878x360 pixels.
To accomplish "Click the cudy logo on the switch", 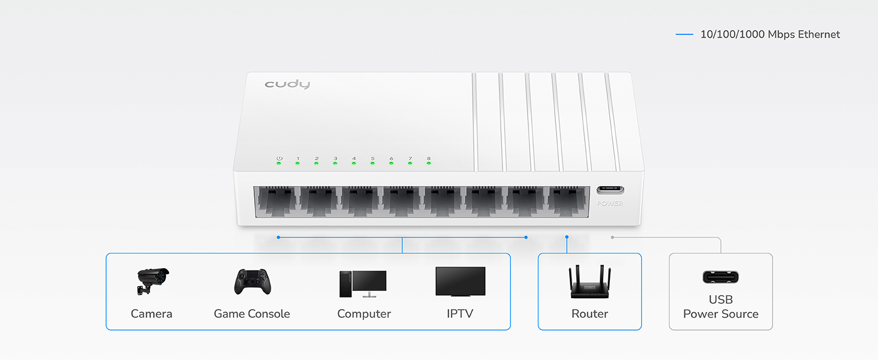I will tap(287, 84).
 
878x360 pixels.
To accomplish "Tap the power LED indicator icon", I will tap(279, 158).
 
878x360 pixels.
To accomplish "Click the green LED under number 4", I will tap(354, 164).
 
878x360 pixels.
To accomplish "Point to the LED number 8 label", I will tap(428, 158).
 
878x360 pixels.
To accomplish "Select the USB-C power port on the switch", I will tap(610, 190).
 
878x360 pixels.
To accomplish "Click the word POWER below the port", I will tap(610, 203).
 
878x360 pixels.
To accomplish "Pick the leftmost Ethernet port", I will tap(275, 202).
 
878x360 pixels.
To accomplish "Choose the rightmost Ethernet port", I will tap(569, 202).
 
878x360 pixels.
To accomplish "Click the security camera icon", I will tap(152, 281).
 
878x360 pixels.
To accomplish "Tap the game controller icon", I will tap(252, 281).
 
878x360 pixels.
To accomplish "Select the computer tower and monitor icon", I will tap(363, 283).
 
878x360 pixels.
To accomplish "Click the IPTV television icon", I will tap(460, 281).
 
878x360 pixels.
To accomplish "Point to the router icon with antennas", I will tap(590, 281).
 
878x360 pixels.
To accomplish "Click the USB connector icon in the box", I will tap(720, 277).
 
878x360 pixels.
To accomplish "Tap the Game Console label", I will tap(252, 314).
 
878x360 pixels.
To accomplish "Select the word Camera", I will tap(152, 314).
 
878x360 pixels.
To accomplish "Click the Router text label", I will tap(590, 314).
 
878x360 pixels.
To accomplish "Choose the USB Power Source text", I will tap(720, 307).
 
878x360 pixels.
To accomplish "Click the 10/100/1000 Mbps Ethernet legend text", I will tap(770, 35).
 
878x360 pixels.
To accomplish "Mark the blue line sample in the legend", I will tap(684, 35).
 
